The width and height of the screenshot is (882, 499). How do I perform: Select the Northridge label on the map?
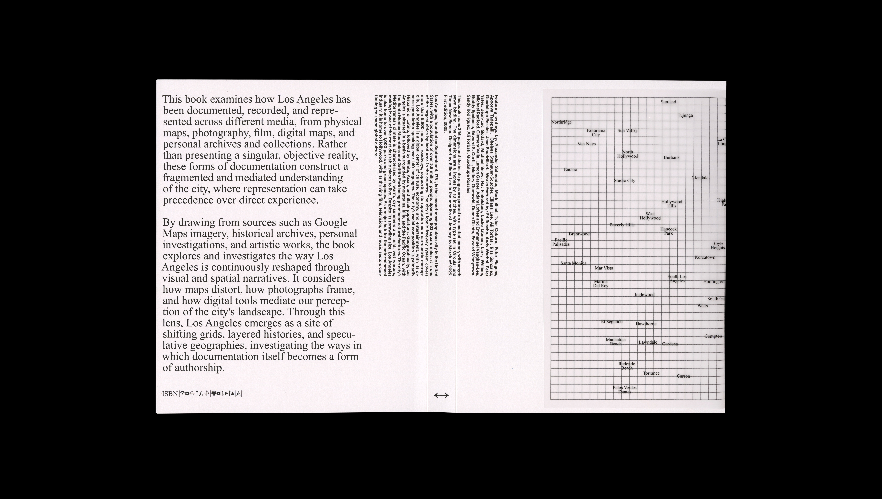561,122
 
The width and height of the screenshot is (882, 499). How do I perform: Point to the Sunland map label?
668,102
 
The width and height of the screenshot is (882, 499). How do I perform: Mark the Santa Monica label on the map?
573,263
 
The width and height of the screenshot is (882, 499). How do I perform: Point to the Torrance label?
651,373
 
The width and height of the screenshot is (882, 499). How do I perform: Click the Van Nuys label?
587,144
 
